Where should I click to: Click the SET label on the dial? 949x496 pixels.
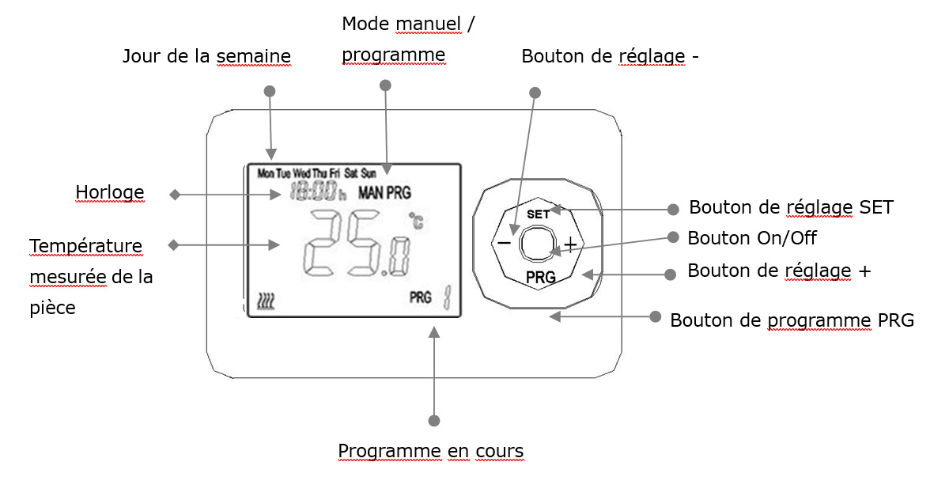click(x=538, y=214)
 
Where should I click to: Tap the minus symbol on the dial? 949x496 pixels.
click(x=505, y=243)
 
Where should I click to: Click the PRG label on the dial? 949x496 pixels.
click(x=541, y=277)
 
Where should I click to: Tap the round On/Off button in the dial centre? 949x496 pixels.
click(x=537, y=244)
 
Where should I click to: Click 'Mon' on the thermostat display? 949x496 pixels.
click(x=266, y=173)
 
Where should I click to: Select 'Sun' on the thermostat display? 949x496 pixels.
click(x=369, y=173)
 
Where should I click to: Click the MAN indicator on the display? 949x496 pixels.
click(x=371, y=193)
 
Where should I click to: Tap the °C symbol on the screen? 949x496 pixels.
click(x=416, y=221)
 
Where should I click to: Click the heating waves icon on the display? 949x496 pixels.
click(x=266, y=301)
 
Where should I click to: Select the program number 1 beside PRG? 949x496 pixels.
click(x=447, y=297)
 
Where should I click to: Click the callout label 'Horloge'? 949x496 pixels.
click(x=110, y=192)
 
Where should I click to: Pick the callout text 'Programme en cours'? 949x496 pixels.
click(x=431, y=451)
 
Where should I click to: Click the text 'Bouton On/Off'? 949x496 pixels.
click(x=752, y=238)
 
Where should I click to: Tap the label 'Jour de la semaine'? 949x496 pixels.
click(x=206, y=56)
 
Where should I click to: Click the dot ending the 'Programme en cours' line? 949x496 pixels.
click(x=434, y=421)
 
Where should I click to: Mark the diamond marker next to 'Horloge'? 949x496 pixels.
click(x=175, y=195)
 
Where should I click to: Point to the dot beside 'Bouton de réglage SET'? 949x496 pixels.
click(x=673, y=210)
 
